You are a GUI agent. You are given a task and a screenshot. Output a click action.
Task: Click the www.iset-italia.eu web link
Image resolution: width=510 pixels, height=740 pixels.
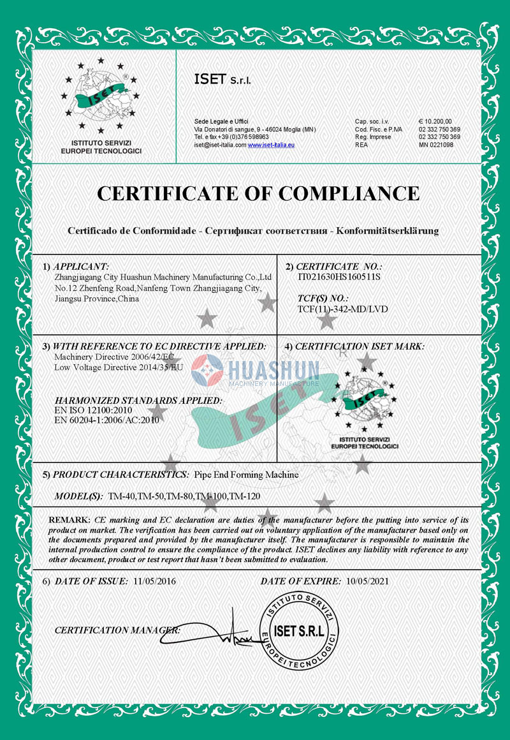(x=271, y=145)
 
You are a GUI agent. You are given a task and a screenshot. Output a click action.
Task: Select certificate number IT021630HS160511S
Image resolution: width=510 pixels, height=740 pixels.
(x=339, y=277)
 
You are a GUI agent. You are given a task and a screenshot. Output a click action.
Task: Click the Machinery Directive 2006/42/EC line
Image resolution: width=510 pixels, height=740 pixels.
(x=113, y=357)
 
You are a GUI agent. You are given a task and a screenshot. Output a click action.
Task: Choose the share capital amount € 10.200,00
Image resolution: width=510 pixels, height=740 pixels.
(x=435, y=121)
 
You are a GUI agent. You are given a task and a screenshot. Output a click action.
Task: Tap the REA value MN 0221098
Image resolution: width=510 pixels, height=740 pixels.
(x=436, y=145)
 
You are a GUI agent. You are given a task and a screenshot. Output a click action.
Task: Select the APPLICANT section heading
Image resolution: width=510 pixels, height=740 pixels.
(x=81, y=266)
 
